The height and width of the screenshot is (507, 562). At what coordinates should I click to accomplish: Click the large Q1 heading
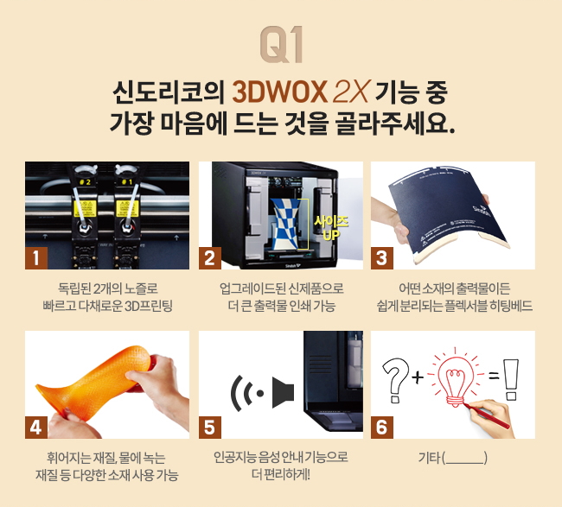click(x=282, y=44)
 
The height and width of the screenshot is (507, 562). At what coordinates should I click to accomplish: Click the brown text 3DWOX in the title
click(x=280, y=92)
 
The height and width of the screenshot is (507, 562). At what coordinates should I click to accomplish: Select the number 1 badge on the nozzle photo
click(x=36, y=257)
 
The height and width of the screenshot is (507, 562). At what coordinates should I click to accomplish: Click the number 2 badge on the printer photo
click(x=210, y=257)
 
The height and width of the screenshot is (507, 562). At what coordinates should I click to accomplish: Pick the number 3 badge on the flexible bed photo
click(x=381, y=257)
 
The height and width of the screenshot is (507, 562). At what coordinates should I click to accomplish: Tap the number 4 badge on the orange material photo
click(x=36, y=428)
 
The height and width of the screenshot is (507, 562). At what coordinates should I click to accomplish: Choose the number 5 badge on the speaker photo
click(x=210, y=428)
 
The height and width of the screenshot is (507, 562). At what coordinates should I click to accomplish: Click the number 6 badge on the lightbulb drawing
click(x=381, y=428)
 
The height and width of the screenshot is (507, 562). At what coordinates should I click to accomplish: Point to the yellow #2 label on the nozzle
click(x=85, y=182)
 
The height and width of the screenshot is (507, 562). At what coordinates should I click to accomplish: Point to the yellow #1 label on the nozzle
click(x=127, y=182)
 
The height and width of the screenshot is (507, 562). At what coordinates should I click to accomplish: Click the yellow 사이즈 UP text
click(x=331, y=228)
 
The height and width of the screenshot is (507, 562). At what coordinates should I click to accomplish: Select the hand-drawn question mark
click(x=396, y=379)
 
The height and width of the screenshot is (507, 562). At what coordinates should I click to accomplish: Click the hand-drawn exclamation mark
click(x=511, y=379)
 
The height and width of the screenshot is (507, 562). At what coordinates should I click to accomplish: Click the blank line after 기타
click(x=464, y=463)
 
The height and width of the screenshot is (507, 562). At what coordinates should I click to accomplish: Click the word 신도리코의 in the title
click(x=168, y=92)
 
